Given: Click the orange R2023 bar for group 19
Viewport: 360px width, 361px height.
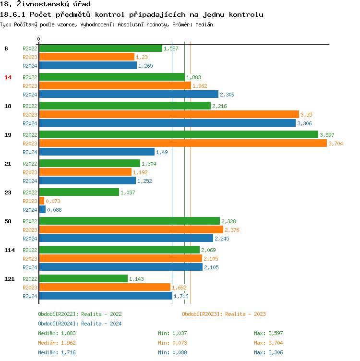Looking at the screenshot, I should [182, 143].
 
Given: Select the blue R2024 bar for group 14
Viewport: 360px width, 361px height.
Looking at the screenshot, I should [128, 94].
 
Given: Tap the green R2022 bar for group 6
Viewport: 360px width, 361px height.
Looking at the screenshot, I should [100, 48].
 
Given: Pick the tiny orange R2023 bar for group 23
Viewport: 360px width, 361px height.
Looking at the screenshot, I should [41, 201].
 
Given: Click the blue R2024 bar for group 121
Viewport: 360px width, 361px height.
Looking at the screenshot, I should [105, 296].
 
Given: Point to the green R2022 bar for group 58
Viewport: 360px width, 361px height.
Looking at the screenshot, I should [129, 221].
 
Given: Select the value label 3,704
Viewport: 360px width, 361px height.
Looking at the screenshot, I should [336, 144].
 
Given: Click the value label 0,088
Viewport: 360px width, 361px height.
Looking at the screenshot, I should [54, 210].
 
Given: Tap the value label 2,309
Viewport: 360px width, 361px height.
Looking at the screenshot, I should [227, 95].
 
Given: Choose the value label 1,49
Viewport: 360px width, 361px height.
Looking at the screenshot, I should [161, 152].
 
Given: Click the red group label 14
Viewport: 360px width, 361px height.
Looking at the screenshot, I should [8, 77].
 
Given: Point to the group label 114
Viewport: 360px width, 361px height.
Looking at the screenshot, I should [10, 250].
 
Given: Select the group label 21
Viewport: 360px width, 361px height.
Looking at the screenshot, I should [8, 164].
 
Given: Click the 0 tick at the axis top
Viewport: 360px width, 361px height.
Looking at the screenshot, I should [39, 39].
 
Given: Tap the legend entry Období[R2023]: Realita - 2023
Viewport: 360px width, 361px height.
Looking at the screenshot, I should [224, 314].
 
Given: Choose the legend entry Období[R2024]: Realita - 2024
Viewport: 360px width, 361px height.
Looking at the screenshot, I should [80, 324].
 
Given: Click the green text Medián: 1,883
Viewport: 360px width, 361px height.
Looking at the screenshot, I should [57, 333].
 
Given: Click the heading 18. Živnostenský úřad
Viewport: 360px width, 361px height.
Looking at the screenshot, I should [46, 4].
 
